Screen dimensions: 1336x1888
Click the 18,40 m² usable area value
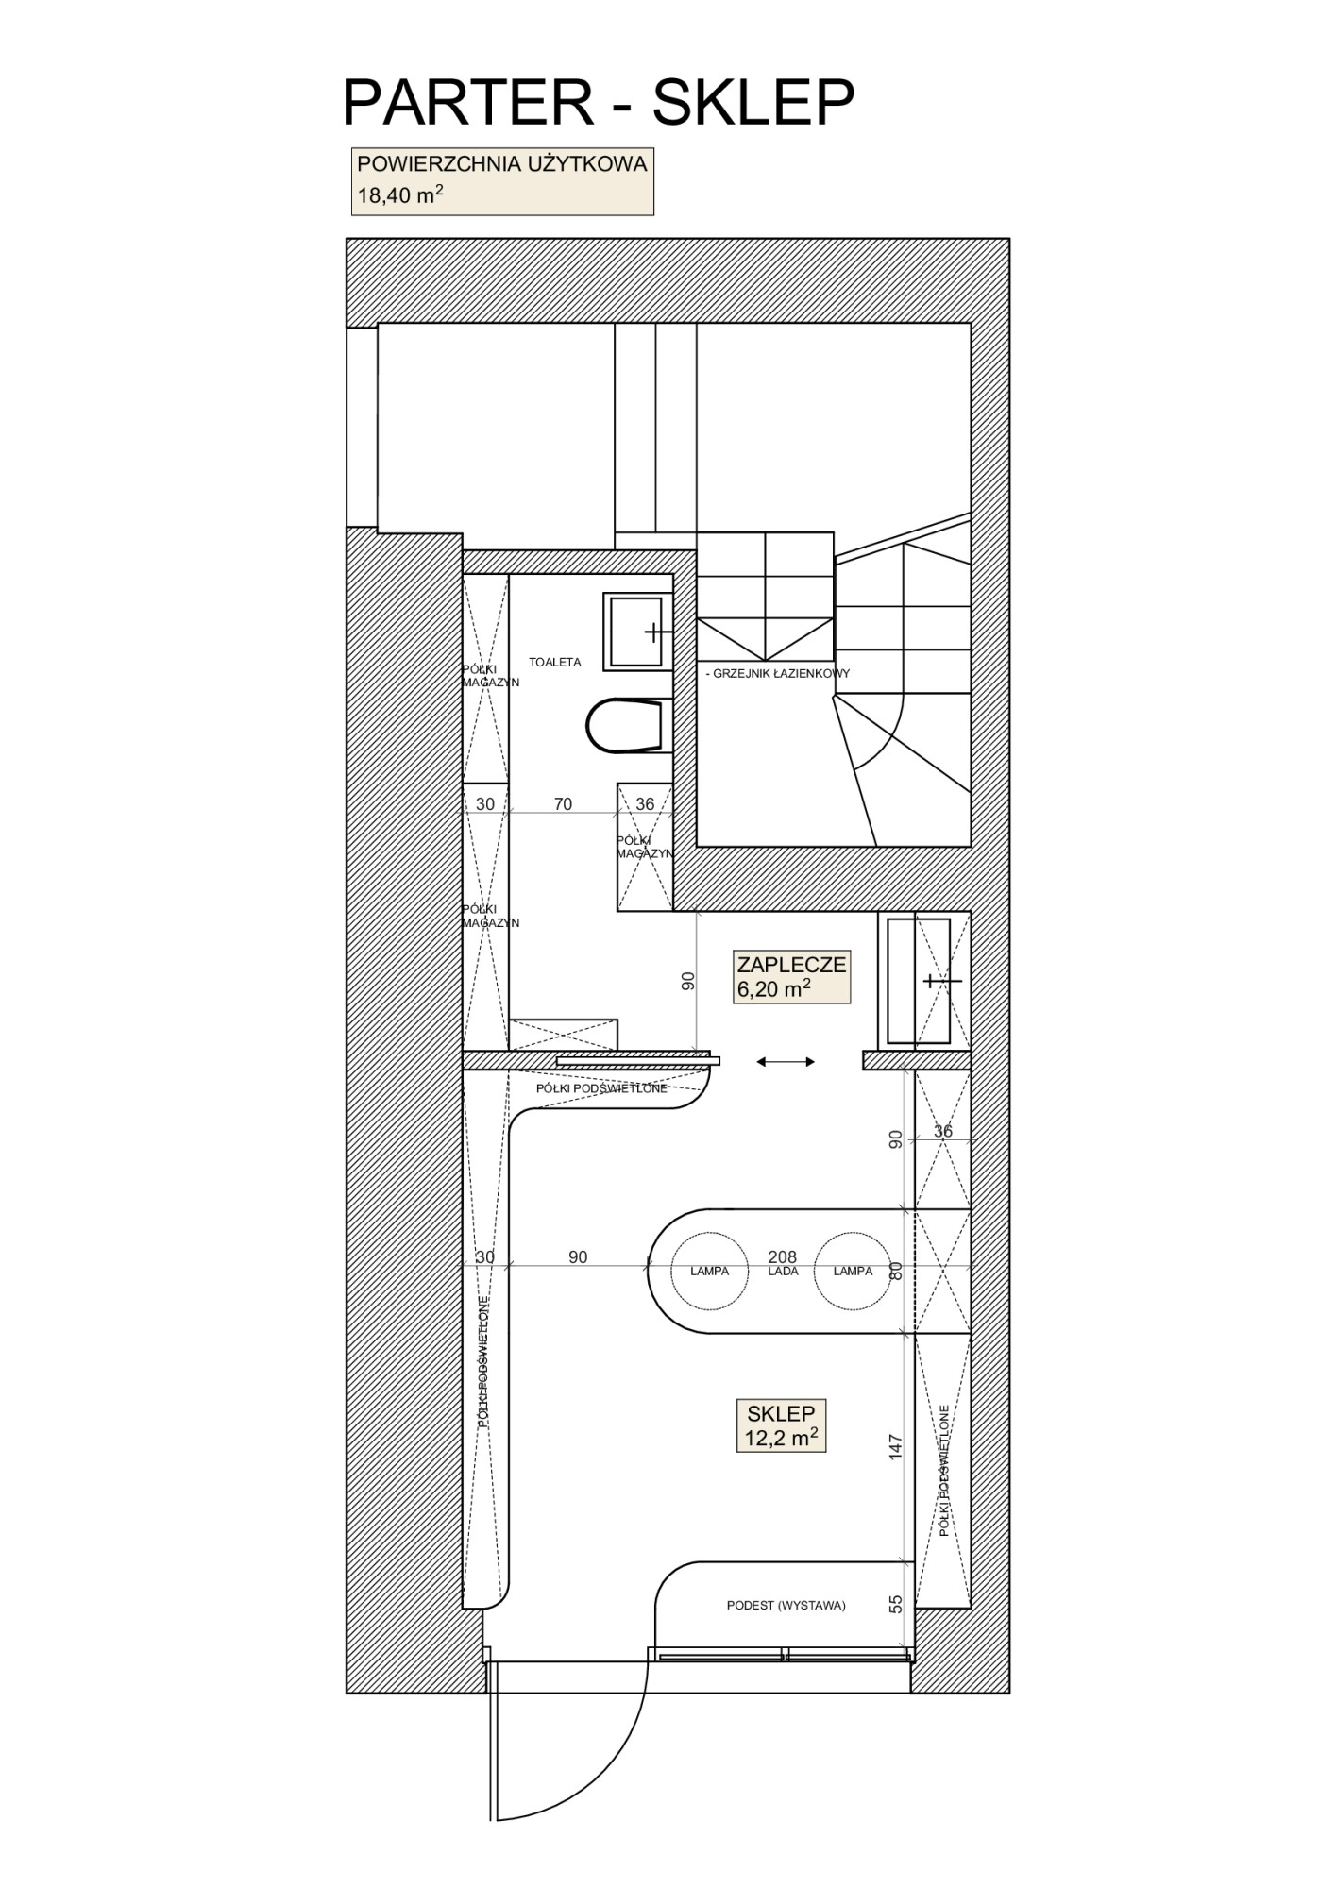[400, 195]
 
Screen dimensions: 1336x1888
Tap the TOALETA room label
[555, 663]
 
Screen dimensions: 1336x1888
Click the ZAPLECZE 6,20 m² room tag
[792, 976]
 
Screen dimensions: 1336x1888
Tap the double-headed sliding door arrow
[786, 1062]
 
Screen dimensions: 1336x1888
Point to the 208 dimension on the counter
[783, 1257]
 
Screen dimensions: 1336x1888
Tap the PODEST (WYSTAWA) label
[786, 1605]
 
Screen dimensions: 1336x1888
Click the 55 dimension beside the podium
[896, 1604]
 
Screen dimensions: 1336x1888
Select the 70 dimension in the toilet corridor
[563, 804]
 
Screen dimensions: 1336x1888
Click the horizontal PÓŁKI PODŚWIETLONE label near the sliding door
[601, 1088]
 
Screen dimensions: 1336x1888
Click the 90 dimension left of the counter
[578, 1257]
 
